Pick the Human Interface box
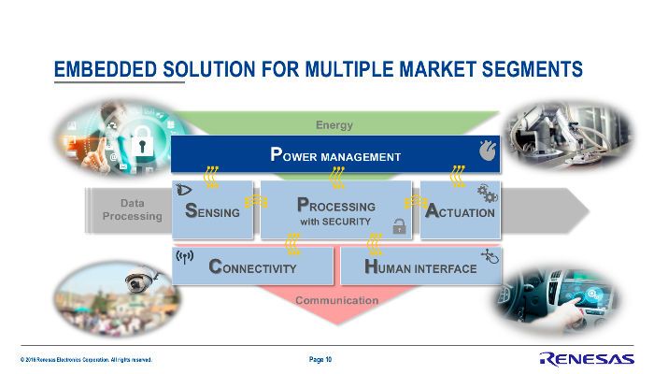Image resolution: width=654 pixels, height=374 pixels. pos(419,267)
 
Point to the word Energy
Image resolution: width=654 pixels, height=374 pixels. pos(334,125)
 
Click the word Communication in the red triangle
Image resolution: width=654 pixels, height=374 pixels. pos(336,300)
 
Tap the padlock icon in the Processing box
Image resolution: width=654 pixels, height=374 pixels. pos(399,225)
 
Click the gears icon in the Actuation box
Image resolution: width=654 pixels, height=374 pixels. pos(486,193)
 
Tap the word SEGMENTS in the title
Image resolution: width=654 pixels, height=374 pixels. pos(528,69)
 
